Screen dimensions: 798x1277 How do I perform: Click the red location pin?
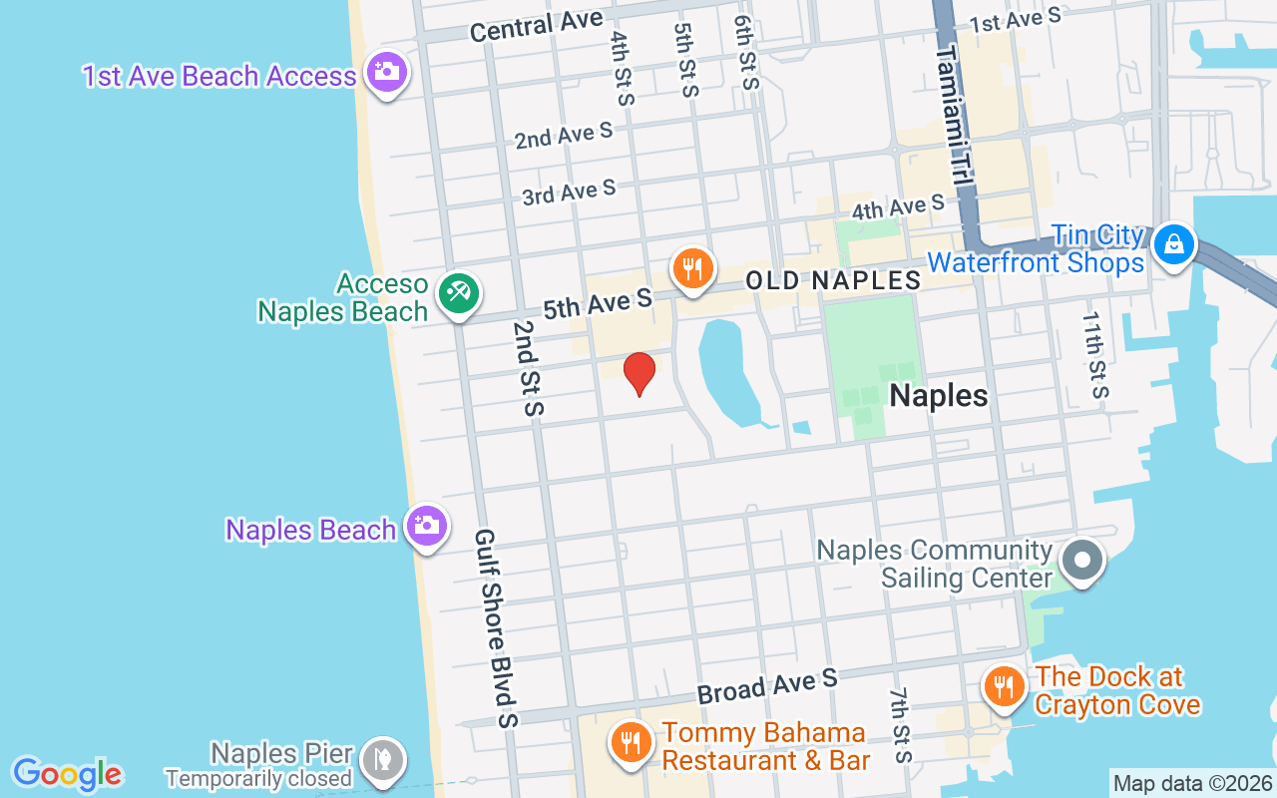[x=638, y=373]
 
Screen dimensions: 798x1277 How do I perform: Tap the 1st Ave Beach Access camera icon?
[x=386, y=72]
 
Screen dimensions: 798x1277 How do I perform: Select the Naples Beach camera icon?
[x=426, y=525]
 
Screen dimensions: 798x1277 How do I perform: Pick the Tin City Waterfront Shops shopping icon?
[x=1174, y=244]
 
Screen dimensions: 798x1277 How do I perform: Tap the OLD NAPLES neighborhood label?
[x=833, y=280]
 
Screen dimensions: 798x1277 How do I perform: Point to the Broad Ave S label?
[x=767, y=687]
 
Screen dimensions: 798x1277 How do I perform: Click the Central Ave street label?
[x=536, y=25]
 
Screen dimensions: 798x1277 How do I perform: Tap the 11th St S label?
[x=1095, y=354]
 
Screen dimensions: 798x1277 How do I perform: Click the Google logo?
[x=68, y=774]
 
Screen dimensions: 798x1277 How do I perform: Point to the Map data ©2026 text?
[x=1192, y=783]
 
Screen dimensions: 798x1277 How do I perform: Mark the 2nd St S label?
[x=528, y=368]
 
